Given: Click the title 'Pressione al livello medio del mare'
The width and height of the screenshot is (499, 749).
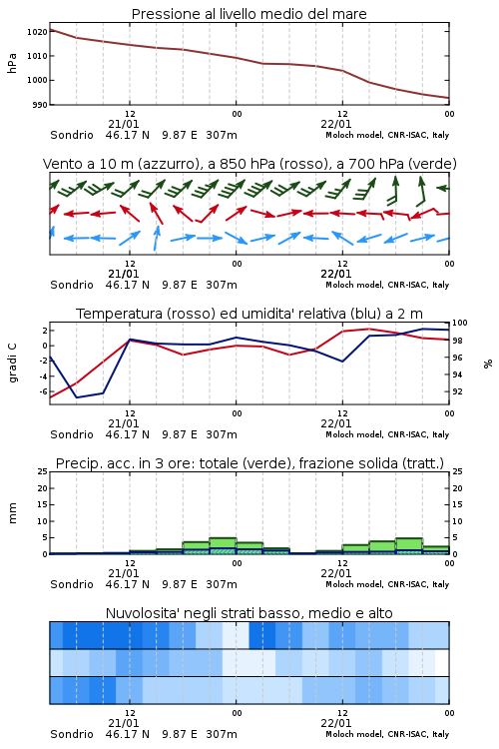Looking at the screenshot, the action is click(249, 14).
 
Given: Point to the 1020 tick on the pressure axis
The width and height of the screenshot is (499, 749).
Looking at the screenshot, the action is click(38, 32).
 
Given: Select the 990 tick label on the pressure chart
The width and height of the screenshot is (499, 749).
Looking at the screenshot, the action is click(40, 105).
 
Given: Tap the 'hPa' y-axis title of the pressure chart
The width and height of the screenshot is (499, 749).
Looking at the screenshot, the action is click(12, 63).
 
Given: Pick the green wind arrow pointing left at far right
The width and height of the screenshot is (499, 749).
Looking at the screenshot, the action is click(443, 188).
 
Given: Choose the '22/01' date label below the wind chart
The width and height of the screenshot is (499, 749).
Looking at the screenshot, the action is click(335, 274).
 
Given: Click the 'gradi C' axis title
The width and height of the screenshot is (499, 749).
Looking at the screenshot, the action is click(13, 363).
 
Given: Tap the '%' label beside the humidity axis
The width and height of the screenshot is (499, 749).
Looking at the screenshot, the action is click(488, 364).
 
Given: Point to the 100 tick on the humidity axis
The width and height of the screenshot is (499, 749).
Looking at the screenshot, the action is click(459, 323).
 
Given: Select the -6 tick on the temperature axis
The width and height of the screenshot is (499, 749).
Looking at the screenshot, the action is click(43, 391).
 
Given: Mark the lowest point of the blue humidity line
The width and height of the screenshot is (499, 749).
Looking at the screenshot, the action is click(77, 397).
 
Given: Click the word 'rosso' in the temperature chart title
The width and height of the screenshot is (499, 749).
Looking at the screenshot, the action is click(190, 314).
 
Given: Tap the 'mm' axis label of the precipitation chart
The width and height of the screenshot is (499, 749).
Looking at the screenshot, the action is click(12, 513).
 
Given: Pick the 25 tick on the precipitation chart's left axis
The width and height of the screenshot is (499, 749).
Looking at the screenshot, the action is click(43, 472).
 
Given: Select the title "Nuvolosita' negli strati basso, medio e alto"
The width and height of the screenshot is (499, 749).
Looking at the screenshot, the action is click(249, 613).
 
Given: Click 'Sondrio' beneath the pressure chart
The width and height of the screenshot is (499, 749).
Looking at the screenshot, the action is click(72, 135).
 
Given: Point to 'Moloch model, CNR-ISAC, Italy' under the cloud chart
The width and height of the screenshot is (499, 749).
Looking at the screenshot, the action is click(387, 734).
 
